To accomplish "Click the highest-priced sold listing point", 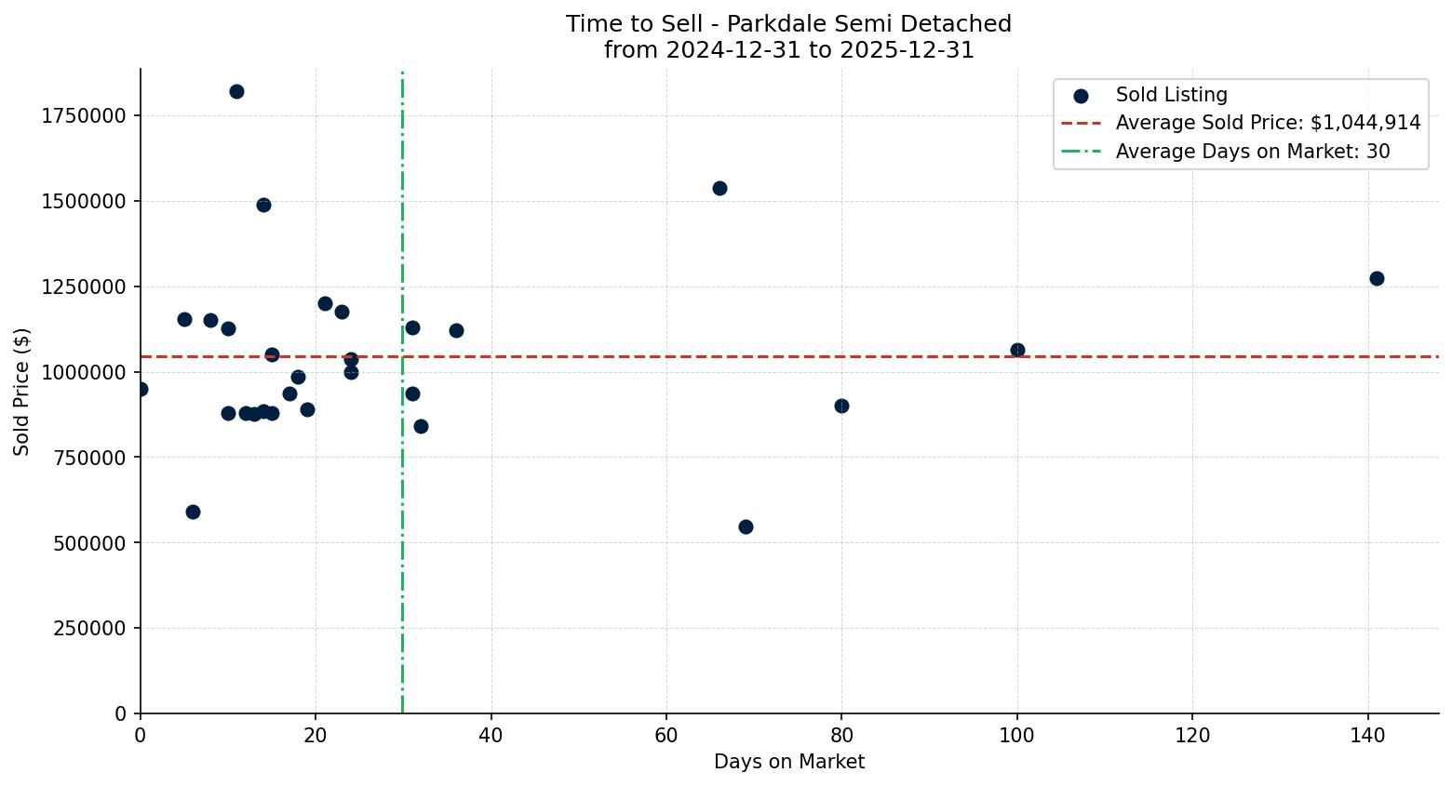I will click(236, 91).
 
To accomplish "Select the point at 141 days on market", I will click(1377, 278).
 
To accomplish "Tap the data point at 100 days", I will click(1017, 350).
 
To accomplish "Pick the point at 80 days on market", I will click(841, 406).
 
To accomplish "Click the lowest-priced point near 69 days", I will click(746, 526).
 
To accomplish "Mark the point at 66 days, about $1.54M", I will click(719, 188).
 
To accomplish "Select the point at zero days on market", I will click(141, 389).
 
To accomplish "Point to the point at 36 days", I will click(456, 330).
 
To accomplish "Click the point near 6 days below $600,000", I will click(193, 512).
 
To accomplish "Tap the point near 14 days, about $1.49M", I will click(263, 205).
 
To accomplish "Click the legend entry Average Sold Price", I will click(1268, 123).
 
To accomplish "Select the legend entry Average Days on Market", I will click(1252, 151).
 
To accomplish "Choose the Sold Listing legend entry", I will click(1171, 95).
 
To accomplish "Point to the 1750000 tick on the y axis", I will click(82, 116).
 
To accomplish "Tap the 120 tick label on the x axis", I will click(1192, 736).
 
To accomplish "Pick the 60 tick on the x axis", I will click(666, 736).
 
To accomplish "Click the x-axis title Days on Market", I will click(788, 762).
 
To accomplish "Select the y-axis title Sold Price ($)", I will click(22, 392).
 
